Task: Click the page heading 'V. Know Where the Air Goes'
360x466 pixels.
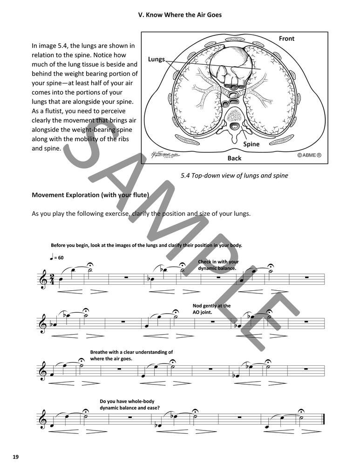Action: click(x=180, y=15)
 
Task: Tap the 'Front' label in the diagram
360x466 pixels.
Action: click(x=286, y=39)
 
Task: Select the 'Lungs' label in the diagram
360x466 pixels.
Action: click(x=156, y=59)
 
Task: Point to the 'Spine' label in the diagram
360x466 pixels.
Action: click(x=251, y=144)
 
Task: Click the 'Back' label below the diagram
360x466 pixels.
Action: click(x=234, y=158)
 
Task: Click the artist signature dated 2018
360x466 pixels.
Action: click(x=161, y=155)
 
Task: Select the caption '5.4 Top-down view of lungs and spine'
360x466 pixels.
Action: click(x=234, y=176)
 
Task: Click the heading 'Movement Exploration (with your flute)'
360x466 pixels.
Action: click(x=90, y=195)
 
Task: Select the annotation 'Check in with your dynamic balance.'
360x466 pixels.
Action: click(x=217, y=265)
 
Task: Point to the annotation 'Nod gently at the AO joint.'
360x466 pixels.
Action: click(x=211, y=309)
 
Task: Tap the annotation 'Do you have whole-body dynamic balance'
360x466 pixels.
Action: click(x=130, y=404)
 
